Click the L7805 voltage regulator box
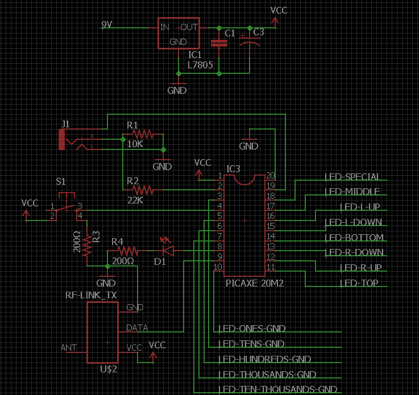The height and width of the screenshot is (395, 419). [177, 34]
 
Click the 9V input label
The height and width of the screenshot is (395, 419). [107, 24]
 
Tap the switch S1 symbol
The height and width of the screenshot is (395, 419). [67, 207]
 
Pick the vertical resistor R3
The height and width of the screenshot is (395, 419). [87, 244]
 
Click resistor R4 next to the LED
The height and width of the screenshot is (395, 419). [126, 251]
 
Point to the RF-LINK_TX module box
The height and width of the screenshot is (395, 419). [102, 332]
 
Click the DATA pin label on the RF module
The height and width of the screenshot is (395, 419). [136, 328]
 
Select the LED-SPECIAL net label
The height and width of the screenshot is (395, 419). [352, 177]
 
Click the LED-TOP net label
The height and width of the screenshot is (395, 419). [359, 283]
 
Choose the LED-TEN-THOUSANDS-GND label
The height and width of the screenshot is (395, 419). [278, 389]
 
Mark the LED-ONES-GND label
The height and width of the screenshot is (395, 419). [251, 329]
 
